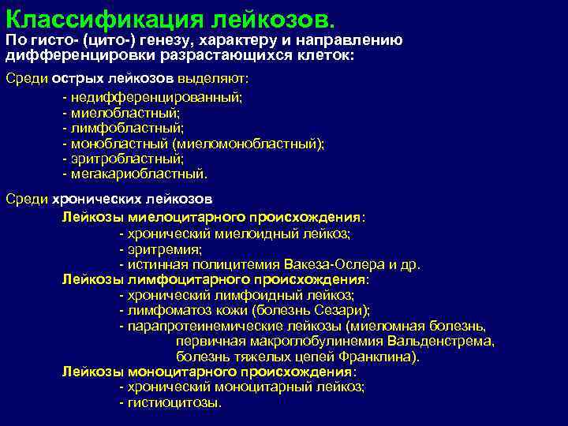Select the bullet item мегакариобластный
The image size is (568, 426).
pos(138,174)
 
